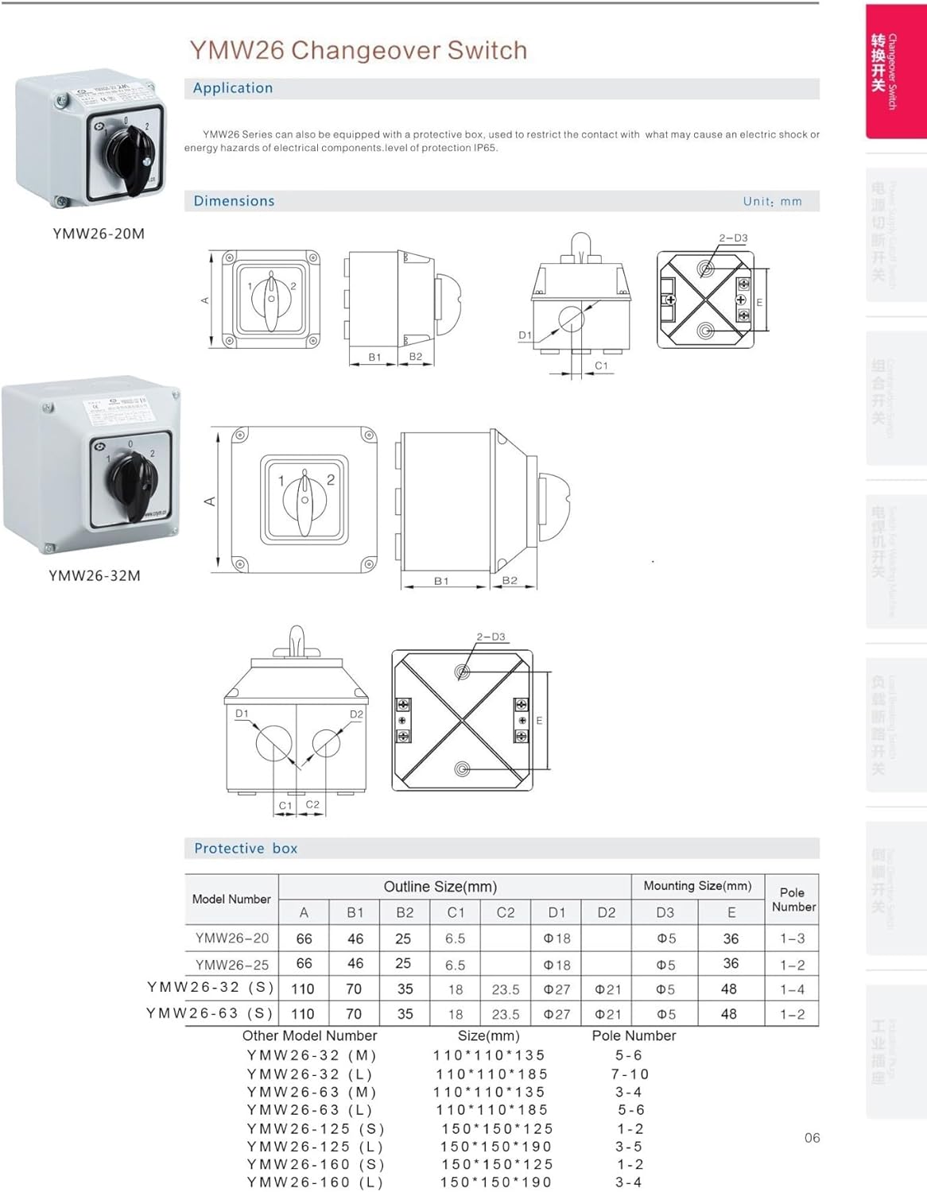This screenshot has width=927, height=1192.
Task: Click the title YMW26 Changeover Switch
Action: tap(358, 50)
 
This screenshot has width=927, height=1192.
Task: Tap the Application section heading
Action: tap(232, 88)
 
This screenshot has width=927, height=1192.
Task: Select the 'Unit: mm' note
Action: tap(772, 202)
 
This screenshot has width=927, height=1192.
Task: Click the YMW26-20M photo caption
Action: tap(99, 234)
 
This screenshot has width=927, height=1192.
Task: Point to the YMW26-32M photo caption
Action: tap(95, 576)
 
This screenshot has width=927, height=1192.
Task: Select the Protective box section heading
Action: tap(246, 849)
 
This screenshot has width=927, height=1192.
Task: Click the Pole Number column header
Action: tap(793, 900)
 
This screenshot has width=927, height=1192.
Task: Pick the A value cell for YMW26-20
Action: tap(304, 939)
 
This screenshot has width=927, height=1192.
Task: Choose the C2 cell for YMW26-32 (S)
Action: tap(506, 989)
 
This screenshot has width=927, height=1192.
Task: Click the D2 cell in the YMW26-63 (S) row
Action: tap(607, 1015)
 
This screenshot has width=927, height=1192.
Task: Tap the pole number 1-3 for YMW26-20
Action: tap(792, 939)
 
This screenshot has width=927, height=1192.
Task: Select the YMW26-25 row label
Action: tap(232, 965)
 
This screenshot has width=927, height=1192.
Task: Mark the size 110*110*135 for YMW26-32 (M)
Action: tap(489, 1055)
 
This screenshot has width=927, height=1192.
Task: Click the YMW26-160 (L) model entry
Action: tap(315, 1182)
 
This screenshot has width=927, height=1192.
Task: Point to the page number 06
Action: tap(812, 1138)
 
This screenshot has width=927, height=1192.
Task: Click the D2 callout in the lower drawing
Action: tap(356, 714)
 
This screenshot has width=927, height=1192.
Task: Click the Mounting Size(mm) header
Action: tap(697, 886)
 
